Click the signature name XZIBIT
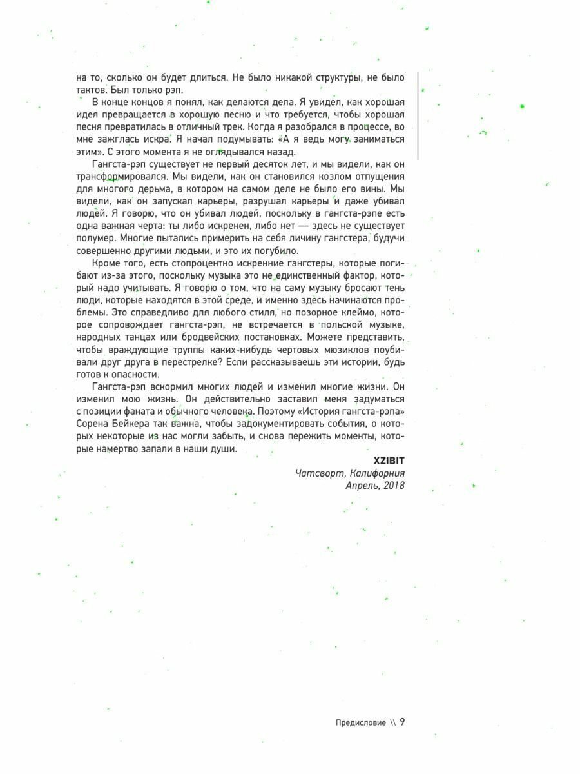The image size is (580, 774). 389,461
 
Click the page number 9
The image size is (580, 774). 402,722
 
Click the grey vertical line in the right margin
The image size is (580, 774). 418,116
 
